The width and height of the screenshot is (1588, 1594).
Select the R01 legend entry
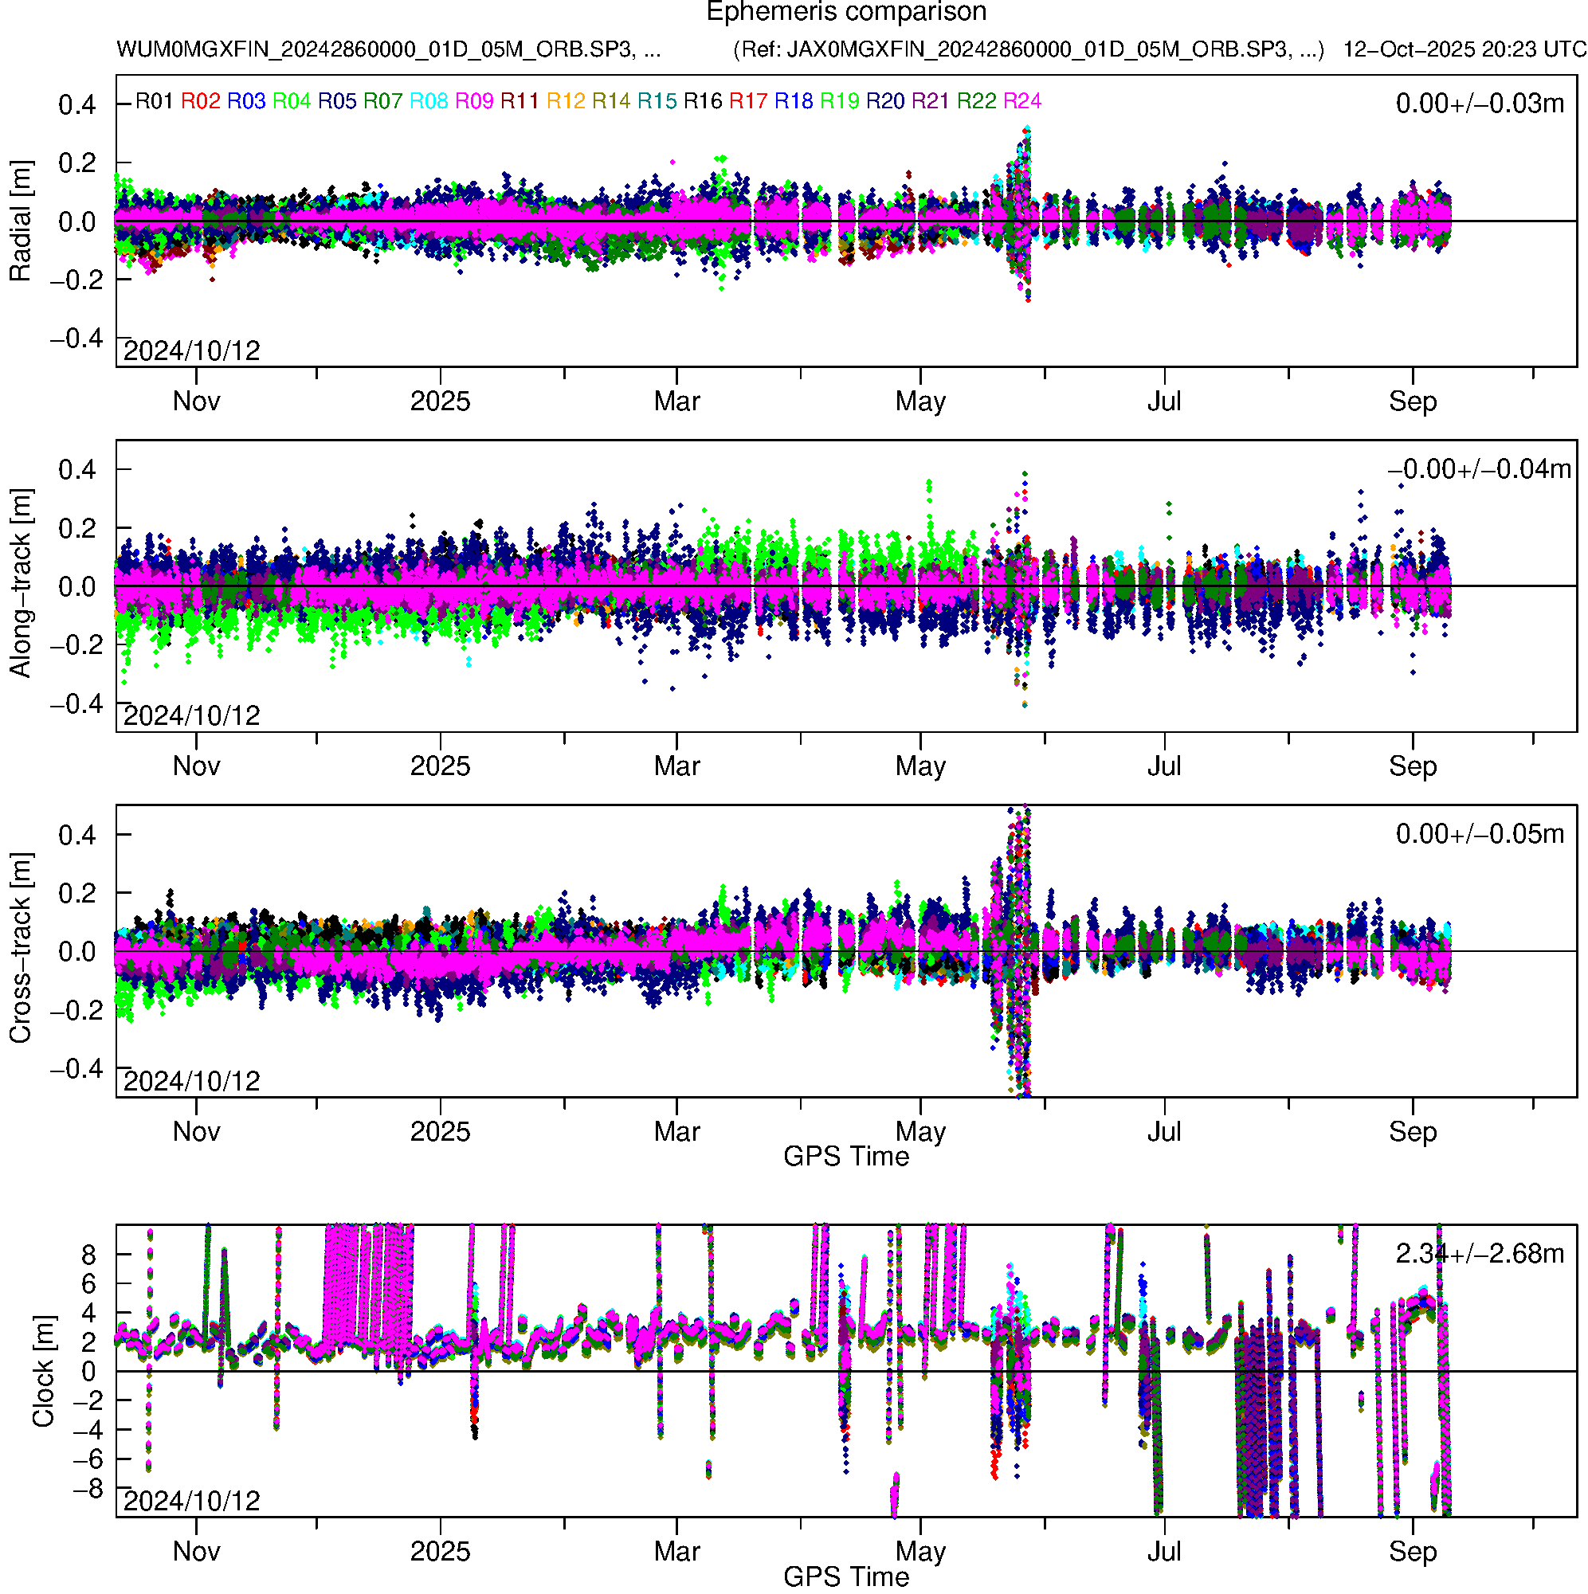(x=154, y=101)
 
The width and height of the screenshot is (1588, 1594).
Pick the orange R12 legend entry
(x=566, y=101)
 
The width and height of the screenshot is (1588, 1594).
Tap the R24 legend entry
(x=1021, y=101)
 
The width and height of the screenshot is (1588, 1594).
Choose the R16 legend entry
(x=703, y=101)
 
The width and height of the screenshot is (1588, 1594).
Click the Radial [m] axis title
(x=20, y=221)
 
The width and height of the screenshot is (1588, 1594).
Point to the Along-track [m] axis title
(x=20, y=583)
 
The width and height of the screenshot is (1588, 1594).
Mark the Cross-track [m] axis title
(x=20, y=949)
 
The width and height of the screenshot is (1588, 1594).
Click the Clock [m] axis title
(x=43, y=1371)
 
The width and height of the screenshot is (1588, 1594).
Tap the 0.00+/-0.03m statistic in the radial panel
(x=1479, y=104)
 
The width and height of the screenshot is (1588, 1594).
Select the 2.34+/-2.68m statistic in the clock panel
(x=1479, y=1254)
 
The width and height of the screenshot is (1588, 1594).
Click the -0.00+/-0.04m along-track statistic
(x=1479, y=469)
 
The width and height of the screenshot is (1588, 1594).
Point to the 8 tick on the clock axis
(x=88, y=1255)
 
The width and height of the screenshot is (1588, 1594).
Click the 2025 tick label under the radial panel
(x=440, y=401)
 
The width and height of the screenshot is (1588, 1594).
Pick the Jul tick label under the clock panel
(x=1164, y=1552)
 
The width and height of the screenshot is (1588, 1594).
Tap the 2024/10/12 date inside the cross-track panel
(x=191, y=1081)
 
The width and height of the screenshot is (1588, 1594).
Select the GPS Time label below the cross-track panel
(x=846, y=1157)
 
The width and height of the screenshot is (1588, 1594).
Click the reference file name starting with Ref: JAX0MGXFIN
(x=1029, y=49)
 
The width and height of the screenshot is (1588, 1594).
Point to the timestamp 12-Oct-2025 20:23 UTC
(x=1464, y=49)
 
